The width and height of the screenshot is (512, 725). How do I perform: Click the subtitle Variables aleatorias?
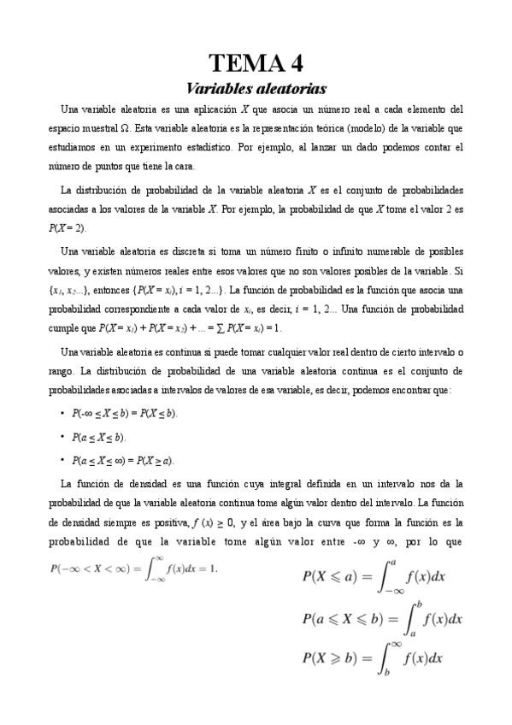(256, 87)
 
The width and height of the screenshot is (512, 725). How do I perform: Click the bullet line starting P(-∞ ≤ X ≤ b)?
(125, 413)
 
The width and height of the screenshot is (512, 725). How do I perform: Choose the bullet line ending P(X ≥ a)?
(122, 461)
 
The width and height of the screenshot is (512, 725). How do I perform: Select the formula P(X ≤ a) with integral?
(374, 577)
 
